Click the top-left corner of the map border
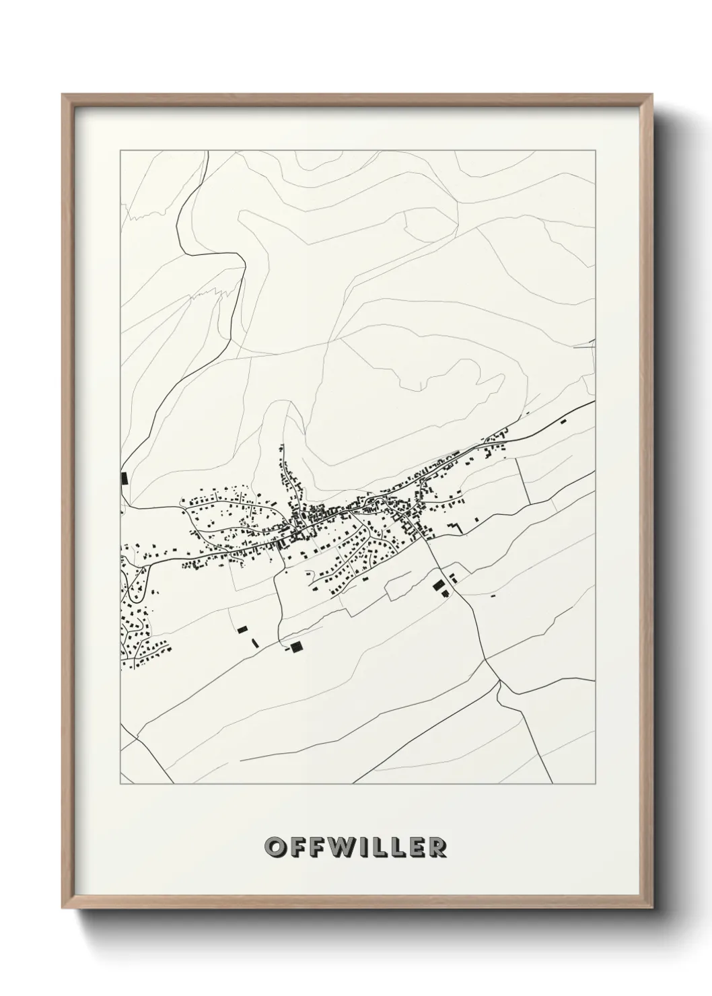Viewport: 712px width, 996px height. [x=120, y=151]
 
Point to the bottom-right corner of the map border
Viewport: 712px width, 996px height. [x=596, y=784]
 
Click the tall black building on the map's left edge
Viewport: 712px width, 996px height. [x=124, y=478]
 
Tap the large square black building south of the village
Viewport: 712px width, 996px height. [x=297, y=647]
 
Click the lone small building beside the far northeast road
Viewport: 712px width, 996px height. [x=563, y=421]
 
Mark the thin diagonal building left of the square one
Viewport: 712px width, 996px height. [x=254, y=643]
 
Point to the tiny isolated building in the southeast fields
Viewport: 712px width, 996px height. [x=493, y=596]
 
